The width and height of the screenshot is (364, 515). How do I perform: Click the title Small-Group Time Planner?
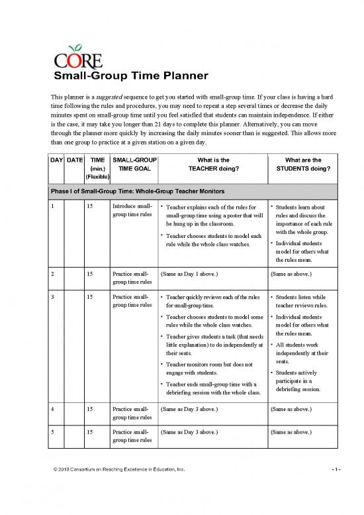pyautogui.click(x=131, y=76)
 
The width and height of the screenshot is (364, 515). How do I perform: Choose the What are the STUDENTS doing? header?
pyautogui.click(x=302, y=164)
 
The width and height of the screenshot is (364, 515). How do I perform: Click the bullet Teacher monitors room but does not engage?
pyautogui.click(x=210, y=368)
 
